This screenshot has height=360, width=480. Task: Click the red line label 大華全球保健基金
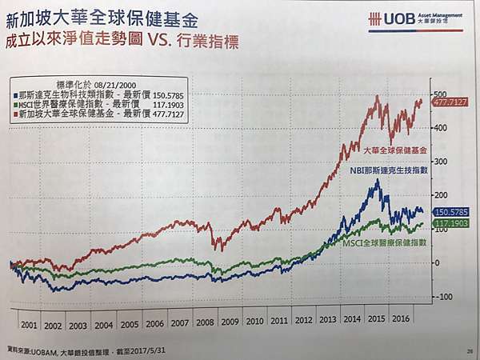(394, 150)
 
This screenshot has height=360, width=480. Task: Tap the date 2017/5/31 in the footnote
(146, 349)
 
